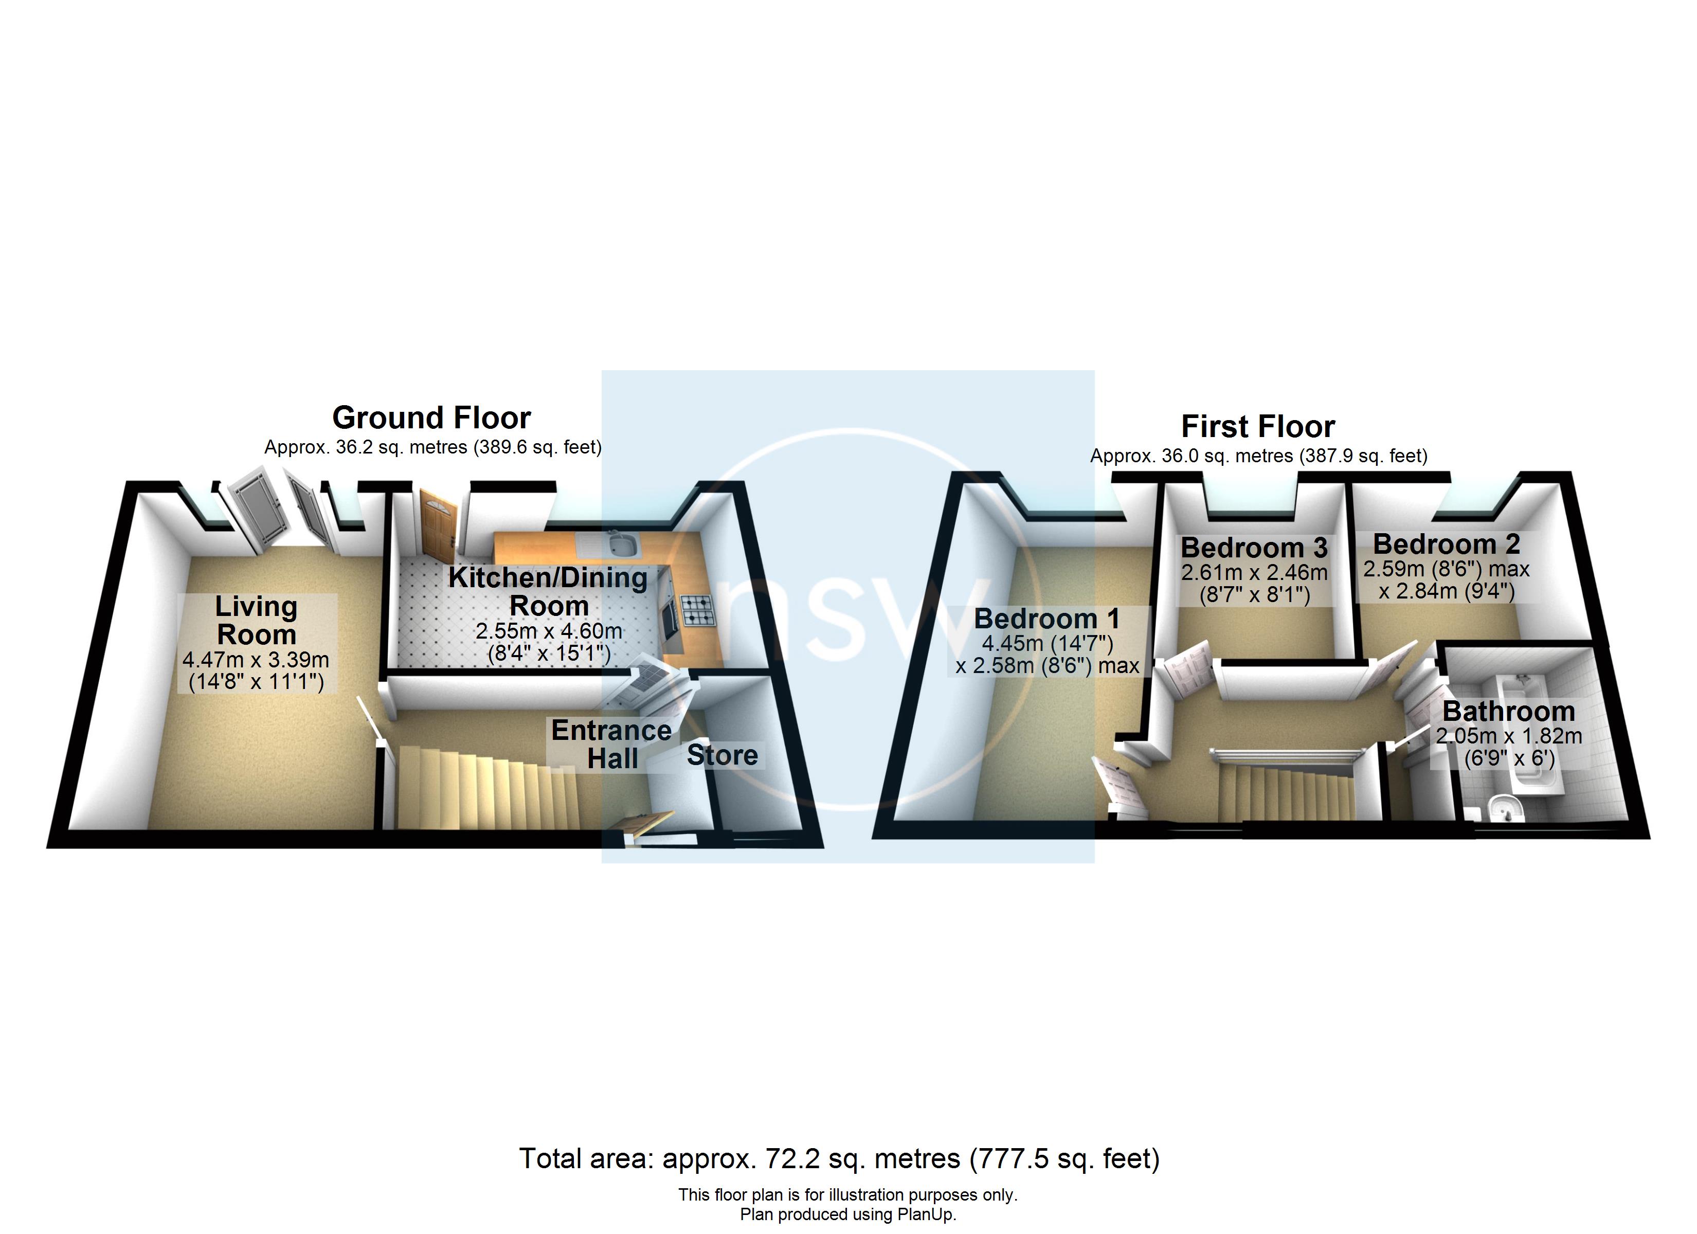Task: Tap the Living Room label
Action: point(257,621)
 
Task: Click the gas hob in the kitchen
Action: point(697,610)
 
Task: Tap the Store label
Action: point(722,755)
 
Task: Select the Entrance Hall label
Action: point(611,744)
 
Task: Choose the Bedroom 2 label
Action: point(1446,544)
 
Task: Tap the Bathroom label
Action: point(1508,711)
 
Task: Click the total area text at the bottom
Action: point(839,1159)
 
